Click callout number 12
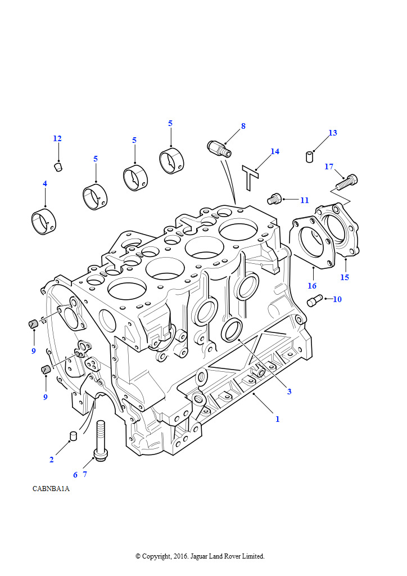(x=57, y=138)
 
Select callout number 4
(x=45, y=183)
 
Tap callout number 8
(x=243, y=126)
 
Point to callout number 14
(x=275, y=151)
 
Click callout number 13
(x=332, y=133)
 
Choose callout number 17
(x=329, y=166)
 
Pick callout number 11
(x=305, y=200)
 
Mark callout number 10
(x=337, y=299)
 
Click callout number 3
(x=289, y=391)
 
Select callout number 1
(x=278, y=418)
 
